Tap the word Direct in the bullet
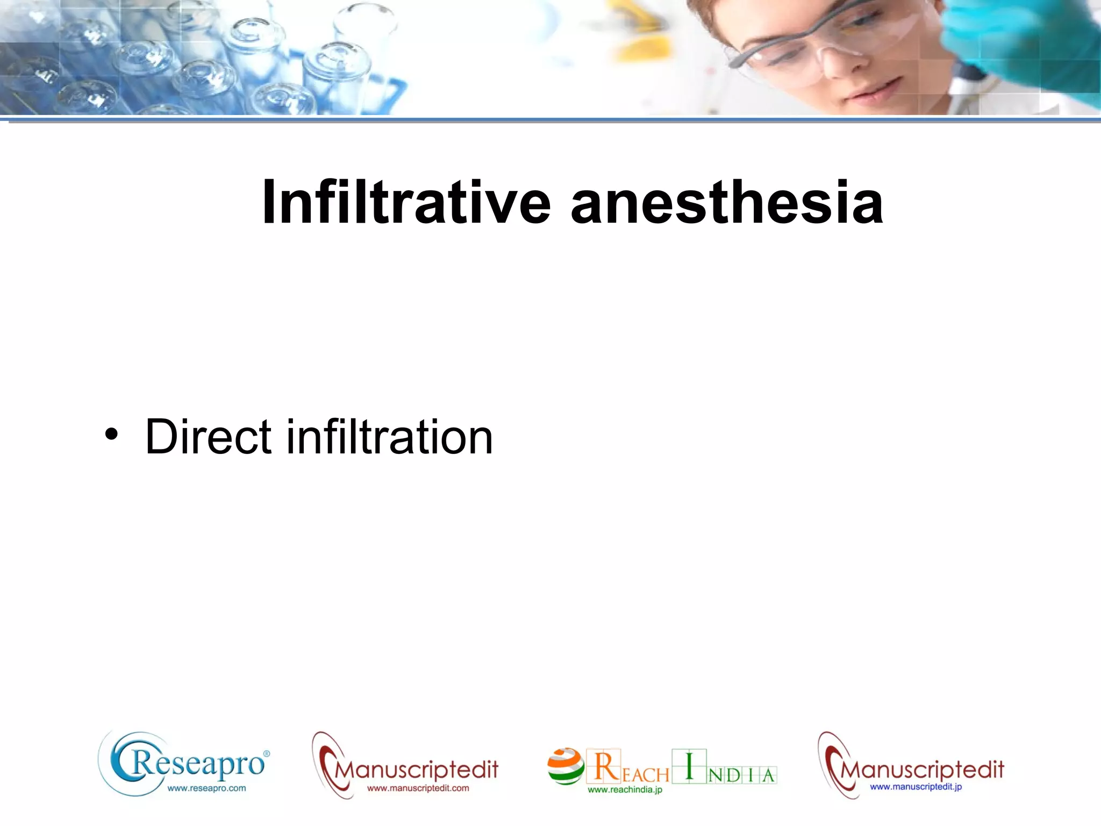click(209, 437)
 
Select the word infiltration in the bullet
click(389, 437)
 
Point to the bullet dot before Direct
click(111, 434)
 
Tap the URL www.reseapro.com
click(206, 788)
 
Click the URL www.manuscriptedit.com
click(418, 788)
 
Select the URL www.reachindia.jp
click(625, 789)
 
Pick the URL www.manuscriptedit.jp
click(916, 787)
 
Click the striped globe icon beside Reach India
click(566, 766)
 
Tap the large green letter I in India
click(689, 766)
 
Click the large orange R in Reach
click(605, 766)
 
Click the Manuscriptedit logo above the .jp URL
click(920, 769)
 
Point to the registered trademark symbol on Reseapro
click(267, 754)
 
